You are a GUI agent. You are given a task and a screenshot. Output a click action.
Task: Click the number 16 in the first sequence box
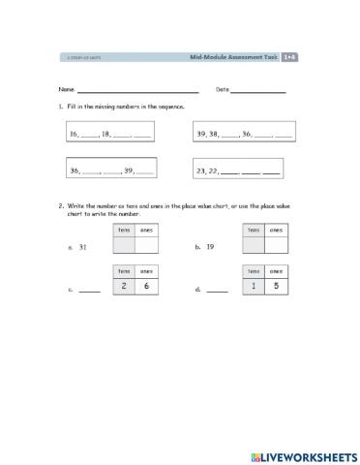pyautogui.click(x=74, y=136)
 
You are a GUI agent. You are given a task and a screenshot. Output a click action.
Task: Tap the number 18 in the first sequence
pyautogui.click(x=106, y=136)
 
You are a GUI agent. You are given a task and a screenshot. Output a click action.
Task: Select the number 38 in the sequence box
pyautogui.click(x=216, y=136)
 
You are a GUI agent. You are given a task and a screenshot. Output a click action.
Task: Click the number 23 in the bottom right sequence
pyautogui.click(x=201, y=170)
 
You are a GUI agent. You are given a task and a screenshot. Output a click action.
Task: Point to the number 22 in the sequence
pyautogui.click(x=216, y=170)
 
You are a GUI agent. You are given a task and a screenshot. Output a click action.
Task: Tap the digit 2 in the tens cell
pyautogui.click(x=123, y=286)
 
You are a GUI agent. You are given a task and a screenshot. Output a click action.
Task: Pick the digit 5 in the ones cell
pyautogui.click(x=276, y=286)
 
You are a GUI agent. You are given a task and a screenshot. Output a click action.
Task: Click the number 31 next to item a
pyautogui.click(x=83, y=248)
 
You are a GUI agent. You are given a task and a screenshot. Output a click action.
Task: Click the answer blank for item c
pyautogui.click(x=89, y=290)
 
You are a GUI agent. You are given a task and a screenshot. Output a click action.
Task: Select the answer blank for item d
pyautogui.click(x=218, y=290)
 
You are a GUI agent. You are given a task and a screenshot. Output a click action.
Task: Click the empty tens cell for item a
pyautogui.click(x=123, y=244)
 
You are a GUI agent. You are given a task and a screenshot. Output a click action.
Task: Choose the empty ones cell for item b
pyautogui.click(x=276, y=244)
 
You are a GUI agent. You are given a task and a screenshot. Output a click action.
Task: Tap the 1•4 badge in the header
pyautogui.click(x=288, y=58)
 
